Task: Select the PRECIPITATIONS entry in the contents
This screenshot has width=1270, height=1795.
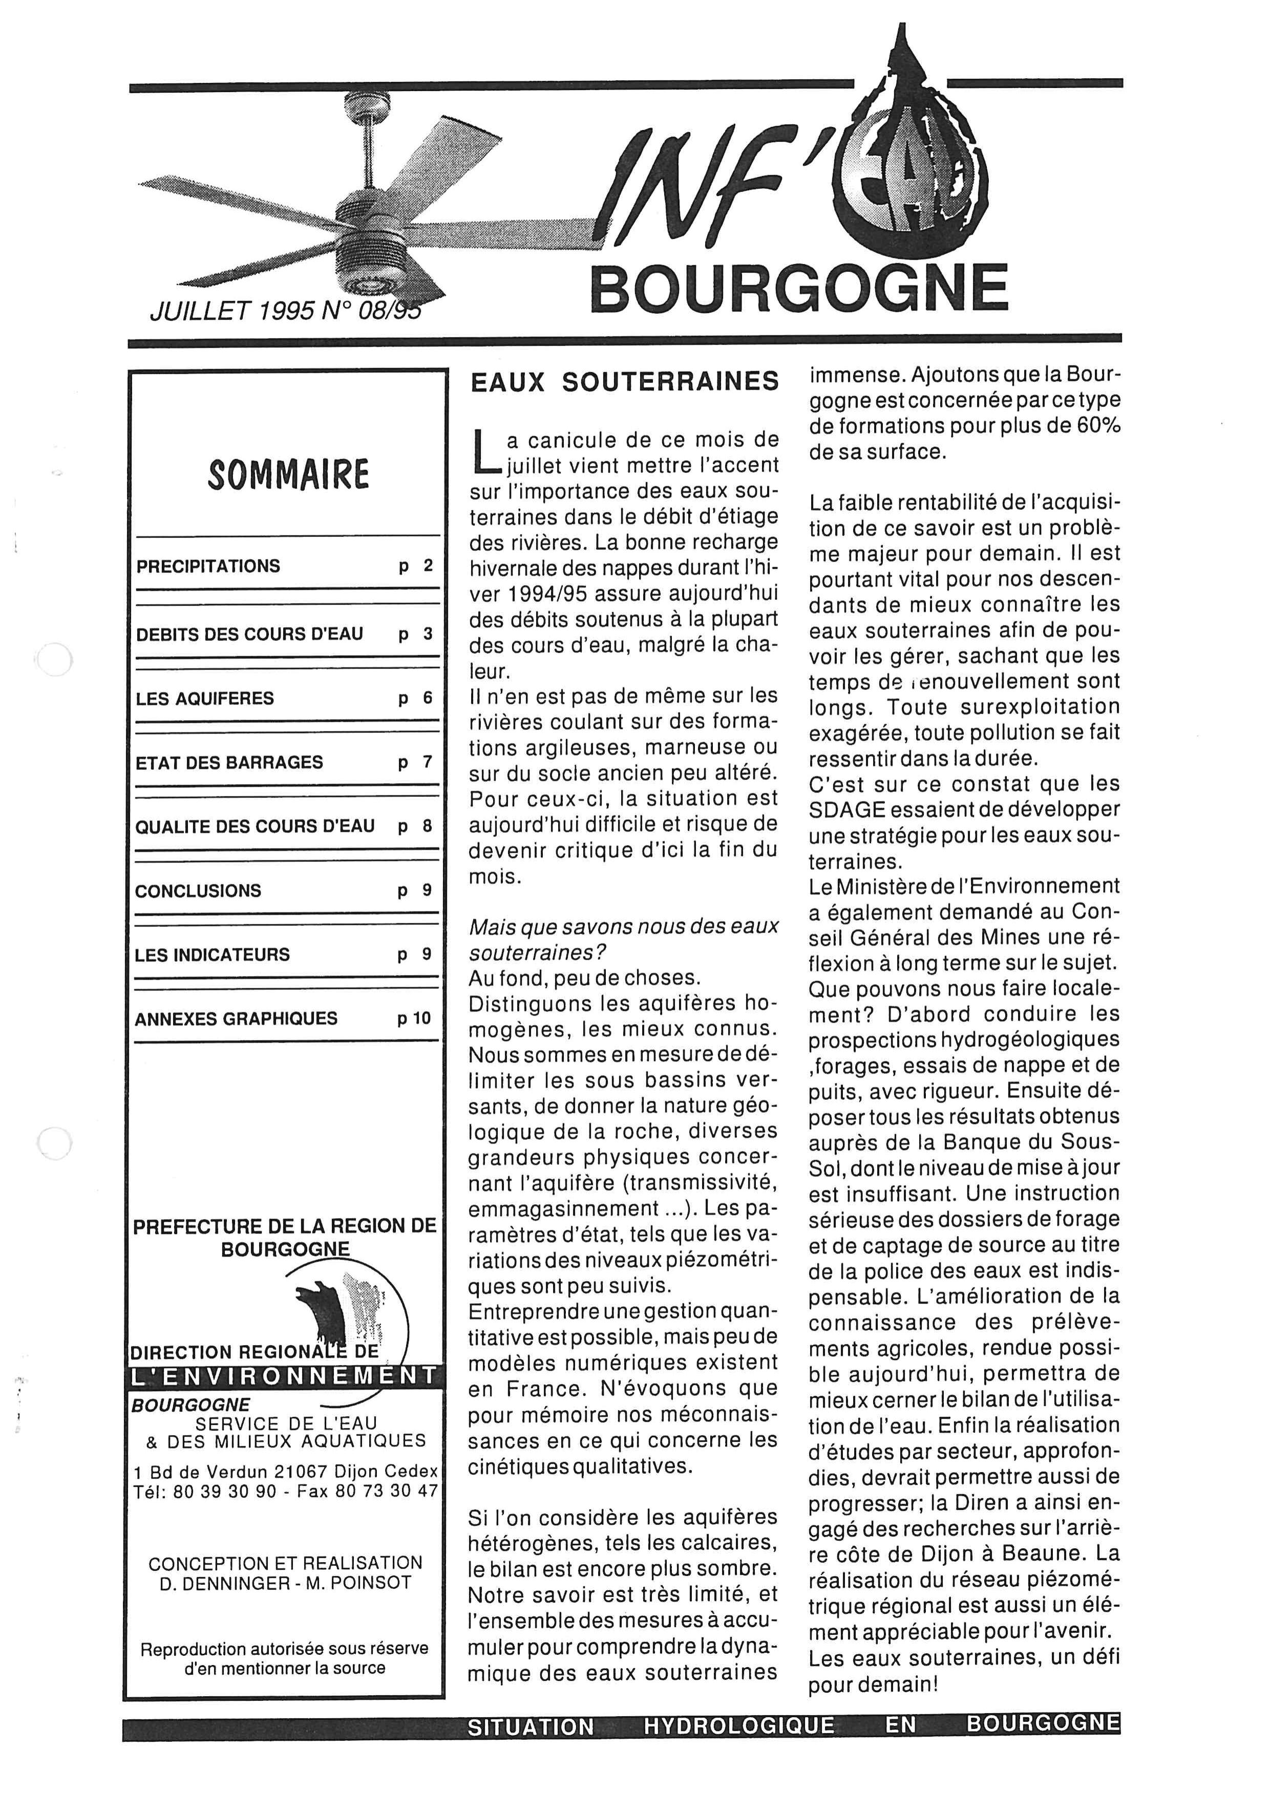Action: coord(208,566)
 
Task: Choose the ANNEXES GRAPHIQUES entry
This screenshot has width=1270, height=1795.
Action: coord(236,1019)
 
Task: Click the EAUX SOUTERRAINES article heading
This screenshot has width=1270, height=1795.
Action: coord(624,381)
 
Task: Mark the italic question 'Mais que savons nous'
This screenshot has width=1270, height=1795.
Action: coord(623,927)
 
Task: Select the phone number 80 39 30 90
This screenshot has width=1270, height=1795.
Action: coord(225,1491)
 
